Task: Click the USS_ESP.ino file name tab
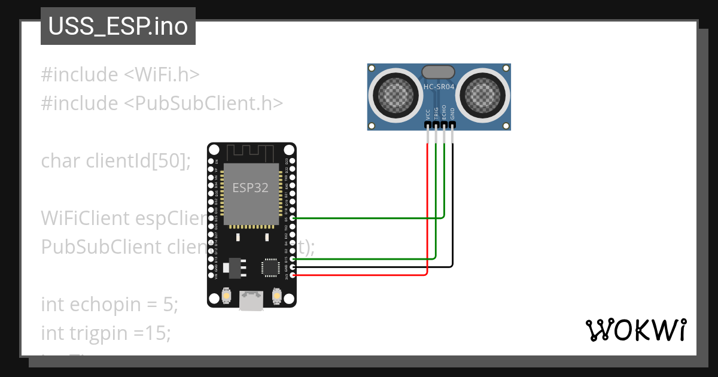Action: [118, 27]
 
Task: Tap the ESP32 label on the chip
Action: [250, 187]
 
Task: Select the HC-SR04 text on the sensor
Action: [439, 87]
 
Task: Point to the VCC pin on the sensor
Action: [428, 125]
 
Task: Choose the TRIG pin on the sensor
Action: [436, 125]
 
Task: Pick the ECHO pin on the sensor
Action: [445, 125]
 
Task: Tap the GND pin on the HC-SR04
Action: [453, 125]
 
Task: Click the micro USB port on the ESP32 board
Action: [251, 299]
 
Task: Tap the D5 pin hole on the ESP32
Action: [293, 218]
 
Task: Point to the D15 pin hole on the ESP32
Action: [293, 259]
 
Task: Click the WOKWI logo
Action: [635, 330]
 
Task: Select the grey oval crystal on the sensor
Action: [439, 72]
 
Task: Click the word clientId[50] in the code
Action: [138, 161]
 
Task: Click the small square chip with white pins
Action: [270, 267]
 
